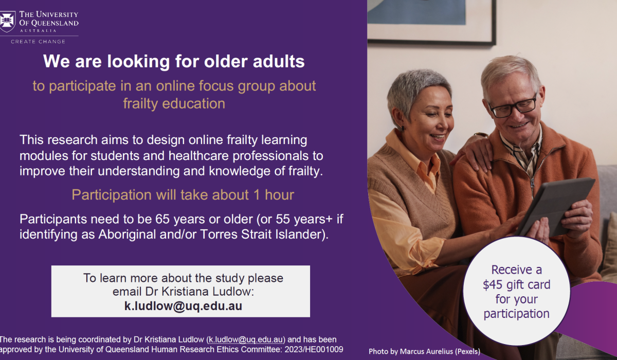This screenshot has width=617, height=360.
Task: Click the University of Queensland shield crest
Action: [7, 22]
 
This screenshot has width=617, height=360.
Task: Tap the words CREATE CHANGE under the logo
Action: [38, 42]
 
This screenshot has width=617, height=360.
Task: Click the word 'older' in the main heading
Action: [226, 61]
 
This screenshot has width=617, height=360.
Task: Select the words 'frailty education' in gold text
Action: [174, 103]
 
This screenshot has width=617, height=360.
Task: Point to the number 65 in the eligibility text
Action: [162, 219]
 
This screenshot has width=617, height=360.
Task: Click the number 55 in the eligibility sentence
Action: [283, 219]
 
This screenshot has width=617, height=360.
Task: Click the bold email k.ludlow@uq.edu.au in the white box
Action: [183, 306]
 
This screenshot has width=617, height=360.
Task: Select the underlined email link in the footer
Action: [246, 339]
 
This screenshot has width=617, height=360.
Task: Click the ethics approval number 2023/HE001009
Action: [314, 350]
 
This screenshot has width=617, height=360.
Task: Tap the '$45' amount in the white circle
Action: [493, 284]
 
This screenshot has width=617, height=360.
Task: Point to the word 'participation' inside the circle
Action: [516, 314]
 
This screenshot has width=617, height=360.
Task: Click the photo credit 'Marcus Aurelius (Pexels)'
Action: [440, 351]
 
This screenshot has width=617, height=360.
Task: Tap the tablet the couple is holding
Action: [554, 207]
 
